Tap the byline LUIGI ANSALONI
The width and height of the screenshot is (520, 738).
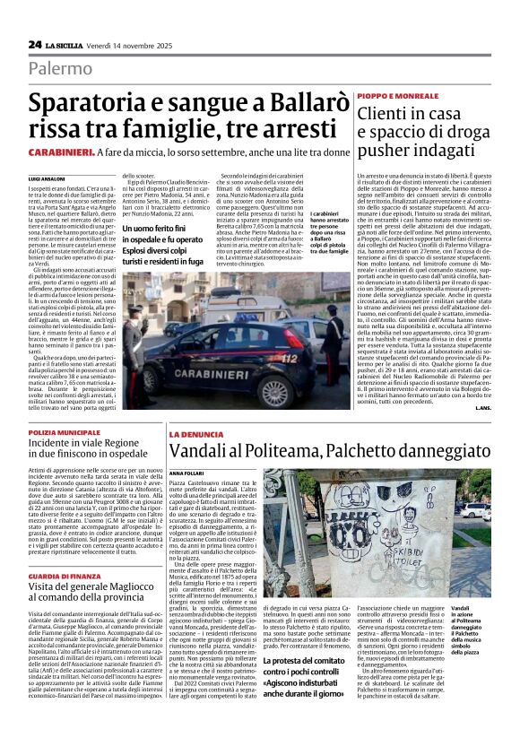pyautogui.click(x=47, y=179)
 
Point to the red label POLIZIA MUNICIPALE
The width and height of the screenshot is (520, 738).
pyautogui.click(x=65, y=433)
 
